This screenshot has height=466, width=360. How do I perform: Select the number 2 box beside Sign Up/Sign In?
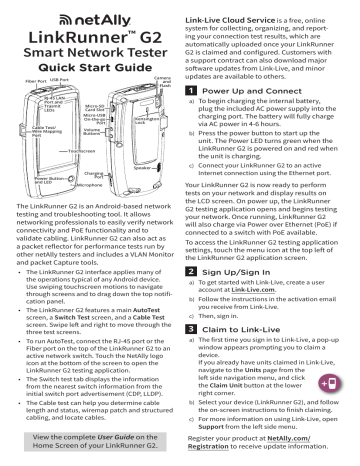pos(195,271)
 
